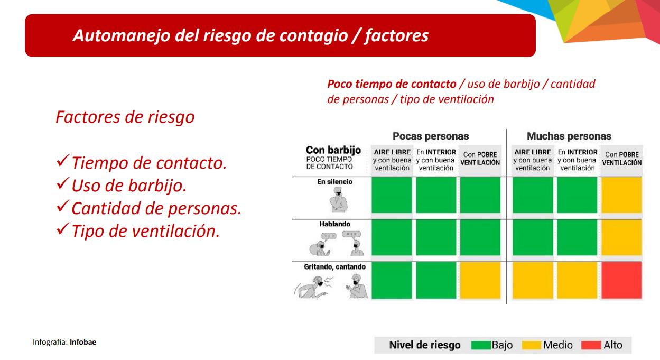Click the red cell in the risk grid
621,280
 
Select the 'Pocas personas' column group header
430,136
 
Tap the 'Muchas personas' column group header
569,136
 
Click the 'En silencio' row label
334,182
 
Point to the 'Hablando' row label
334,224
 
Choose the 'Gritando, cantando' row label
334,267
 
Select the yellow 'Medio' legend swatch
531,346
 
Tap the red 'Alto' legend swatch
591,346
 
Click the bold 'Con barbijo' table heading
333,150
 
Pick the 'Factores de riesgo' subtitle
125,117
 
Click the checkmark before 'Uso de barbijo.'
62,186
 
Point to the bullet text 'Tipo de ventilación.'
145,231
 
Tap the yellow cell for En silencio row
621,195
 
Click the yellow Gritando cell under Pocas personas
480,280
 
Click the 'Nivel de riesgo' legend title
424,346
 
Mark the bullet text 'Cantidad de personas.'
156,208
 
